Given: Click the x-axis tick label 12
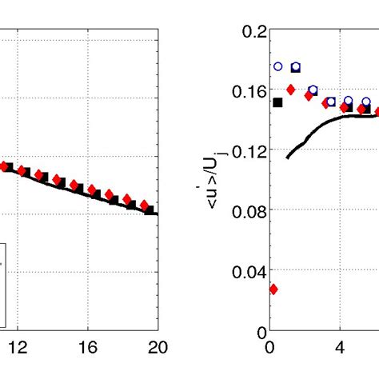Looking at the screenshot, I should pyautogui.click(x=18, y=346).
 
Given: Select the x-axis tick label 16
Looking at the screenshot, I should pyautogui.click(x=88, y=346).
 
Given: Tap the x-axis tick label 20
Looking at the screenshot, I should pyautogui.click(x=158, y=346).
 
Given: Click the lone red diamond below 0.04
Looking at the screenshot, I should pyautogui.click(x=273, y=289).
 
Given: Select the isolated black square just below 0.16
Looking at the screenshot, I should pyautogui.click(x=278, y=102).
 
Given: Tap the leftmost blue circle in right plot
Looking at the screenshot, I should pyautogui.click(x=278, y=67).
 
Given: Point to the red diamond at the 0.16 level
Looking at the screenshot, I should pyautogui.click(x=291, y=89).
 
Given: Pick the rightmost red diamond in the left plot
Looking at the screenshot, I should pyautogui.click(x=144, y=205).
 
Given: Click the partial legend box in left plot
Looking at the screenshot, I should pyautogui.click(x=3, y=285).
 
